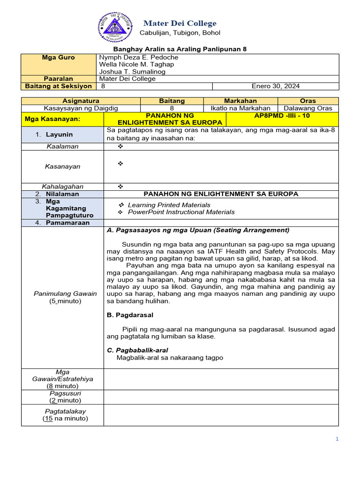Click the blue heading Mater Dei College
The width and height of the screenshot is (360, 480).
pyautogui.click(x=180, y=23)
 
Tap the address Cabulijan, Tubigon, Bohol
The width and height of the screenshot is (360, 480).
pyautogui.click(x=180, y=33)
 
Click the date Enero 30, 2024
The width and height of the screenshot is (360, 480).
pyautogui.click(x=276, y=86)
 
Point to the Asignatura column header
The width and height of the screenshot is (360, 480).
pyautogui.click(x=81, y=101)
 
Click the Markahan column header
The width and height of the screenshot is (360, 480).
pyautogui.click(x=240, y=101)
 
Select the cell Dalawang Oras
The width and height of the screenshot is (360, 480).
pyautogui.click(x=308, y=108)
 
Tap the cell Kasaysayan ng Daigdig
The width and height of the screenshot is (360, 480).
pyautogui.click(x=81, y=108)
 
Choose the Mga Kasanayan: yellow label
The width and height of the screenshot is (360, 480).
pyautogui.click(x=60, y=119)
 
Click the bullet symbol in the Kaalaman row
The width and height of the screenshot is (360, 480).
pyautogui.click(x=120, y=147)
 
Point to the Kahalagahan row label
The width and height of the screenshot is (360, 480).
pyautogui.click(x=62, y=187)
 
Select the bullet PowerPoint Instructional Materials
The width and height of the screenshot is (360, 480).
pyautogui.click(x=181, y=212)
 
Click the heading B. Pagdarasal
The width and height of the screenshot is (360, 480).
pyautogui.click(x=130, y=315)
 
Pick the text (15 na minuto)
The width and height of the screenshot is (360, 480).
pyautogui.click(x=65, y=419)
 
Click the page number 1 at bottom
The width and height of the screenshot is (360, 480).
pyautogui.click(x=337, y=439)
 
